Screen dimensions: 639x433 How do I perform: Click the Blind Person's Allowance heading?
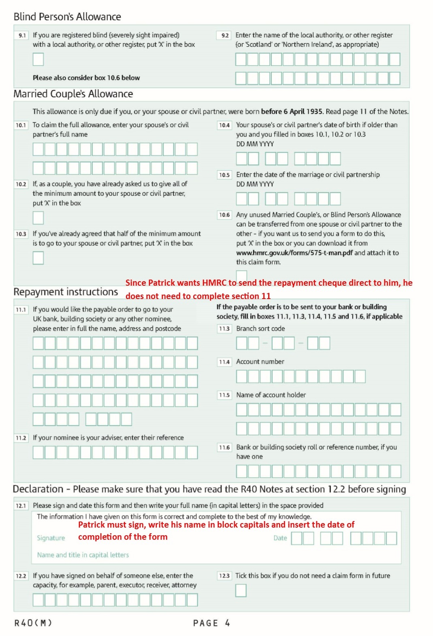(67, 17)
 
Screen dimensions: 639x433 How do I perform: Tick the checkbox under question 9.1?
(38, 60)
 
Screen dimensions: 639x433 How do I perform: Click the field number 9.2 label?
(225, 35)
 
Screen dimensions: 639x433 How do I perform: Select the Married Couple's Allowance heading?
(73, 94)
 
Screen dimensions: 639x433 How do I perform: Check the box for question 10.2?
(38, 218)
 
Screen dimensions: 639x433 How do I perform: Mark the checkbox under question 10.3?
(38, 258)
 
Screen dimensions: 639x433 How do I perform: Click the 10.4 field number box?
(224, 125)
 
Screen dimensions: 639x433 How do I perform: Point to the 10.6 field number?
(224, 215)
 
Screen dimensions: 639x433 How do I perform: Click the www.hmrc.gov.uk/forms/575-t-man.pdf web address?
(294, 253)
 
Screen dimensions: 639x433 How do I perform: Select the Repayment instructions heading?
(66, 292)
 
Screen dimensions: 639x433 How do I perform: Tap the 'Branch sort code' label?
(260, 329)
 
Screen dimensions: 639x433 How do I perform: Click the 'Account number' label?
(260, 361)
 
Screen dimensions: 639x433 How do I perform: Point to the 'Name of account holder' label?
(271, 395)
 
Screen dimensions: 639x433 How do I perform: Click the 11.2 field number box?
(21, 438)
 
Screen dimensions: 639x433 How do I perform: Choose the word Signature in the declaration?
(51, 538)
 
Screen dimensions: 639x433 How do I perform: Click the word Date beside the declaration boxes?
(280, 538)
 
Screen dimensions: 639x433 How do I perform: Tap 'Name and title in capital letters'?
(83, 555)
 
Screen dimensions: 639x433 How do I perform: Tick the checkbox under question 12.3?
(241, 590)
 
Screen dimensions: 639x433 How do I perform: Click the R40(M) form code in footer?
(33, 623)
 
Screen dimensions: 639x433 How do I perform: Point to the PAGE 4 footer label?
(211, 623)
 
